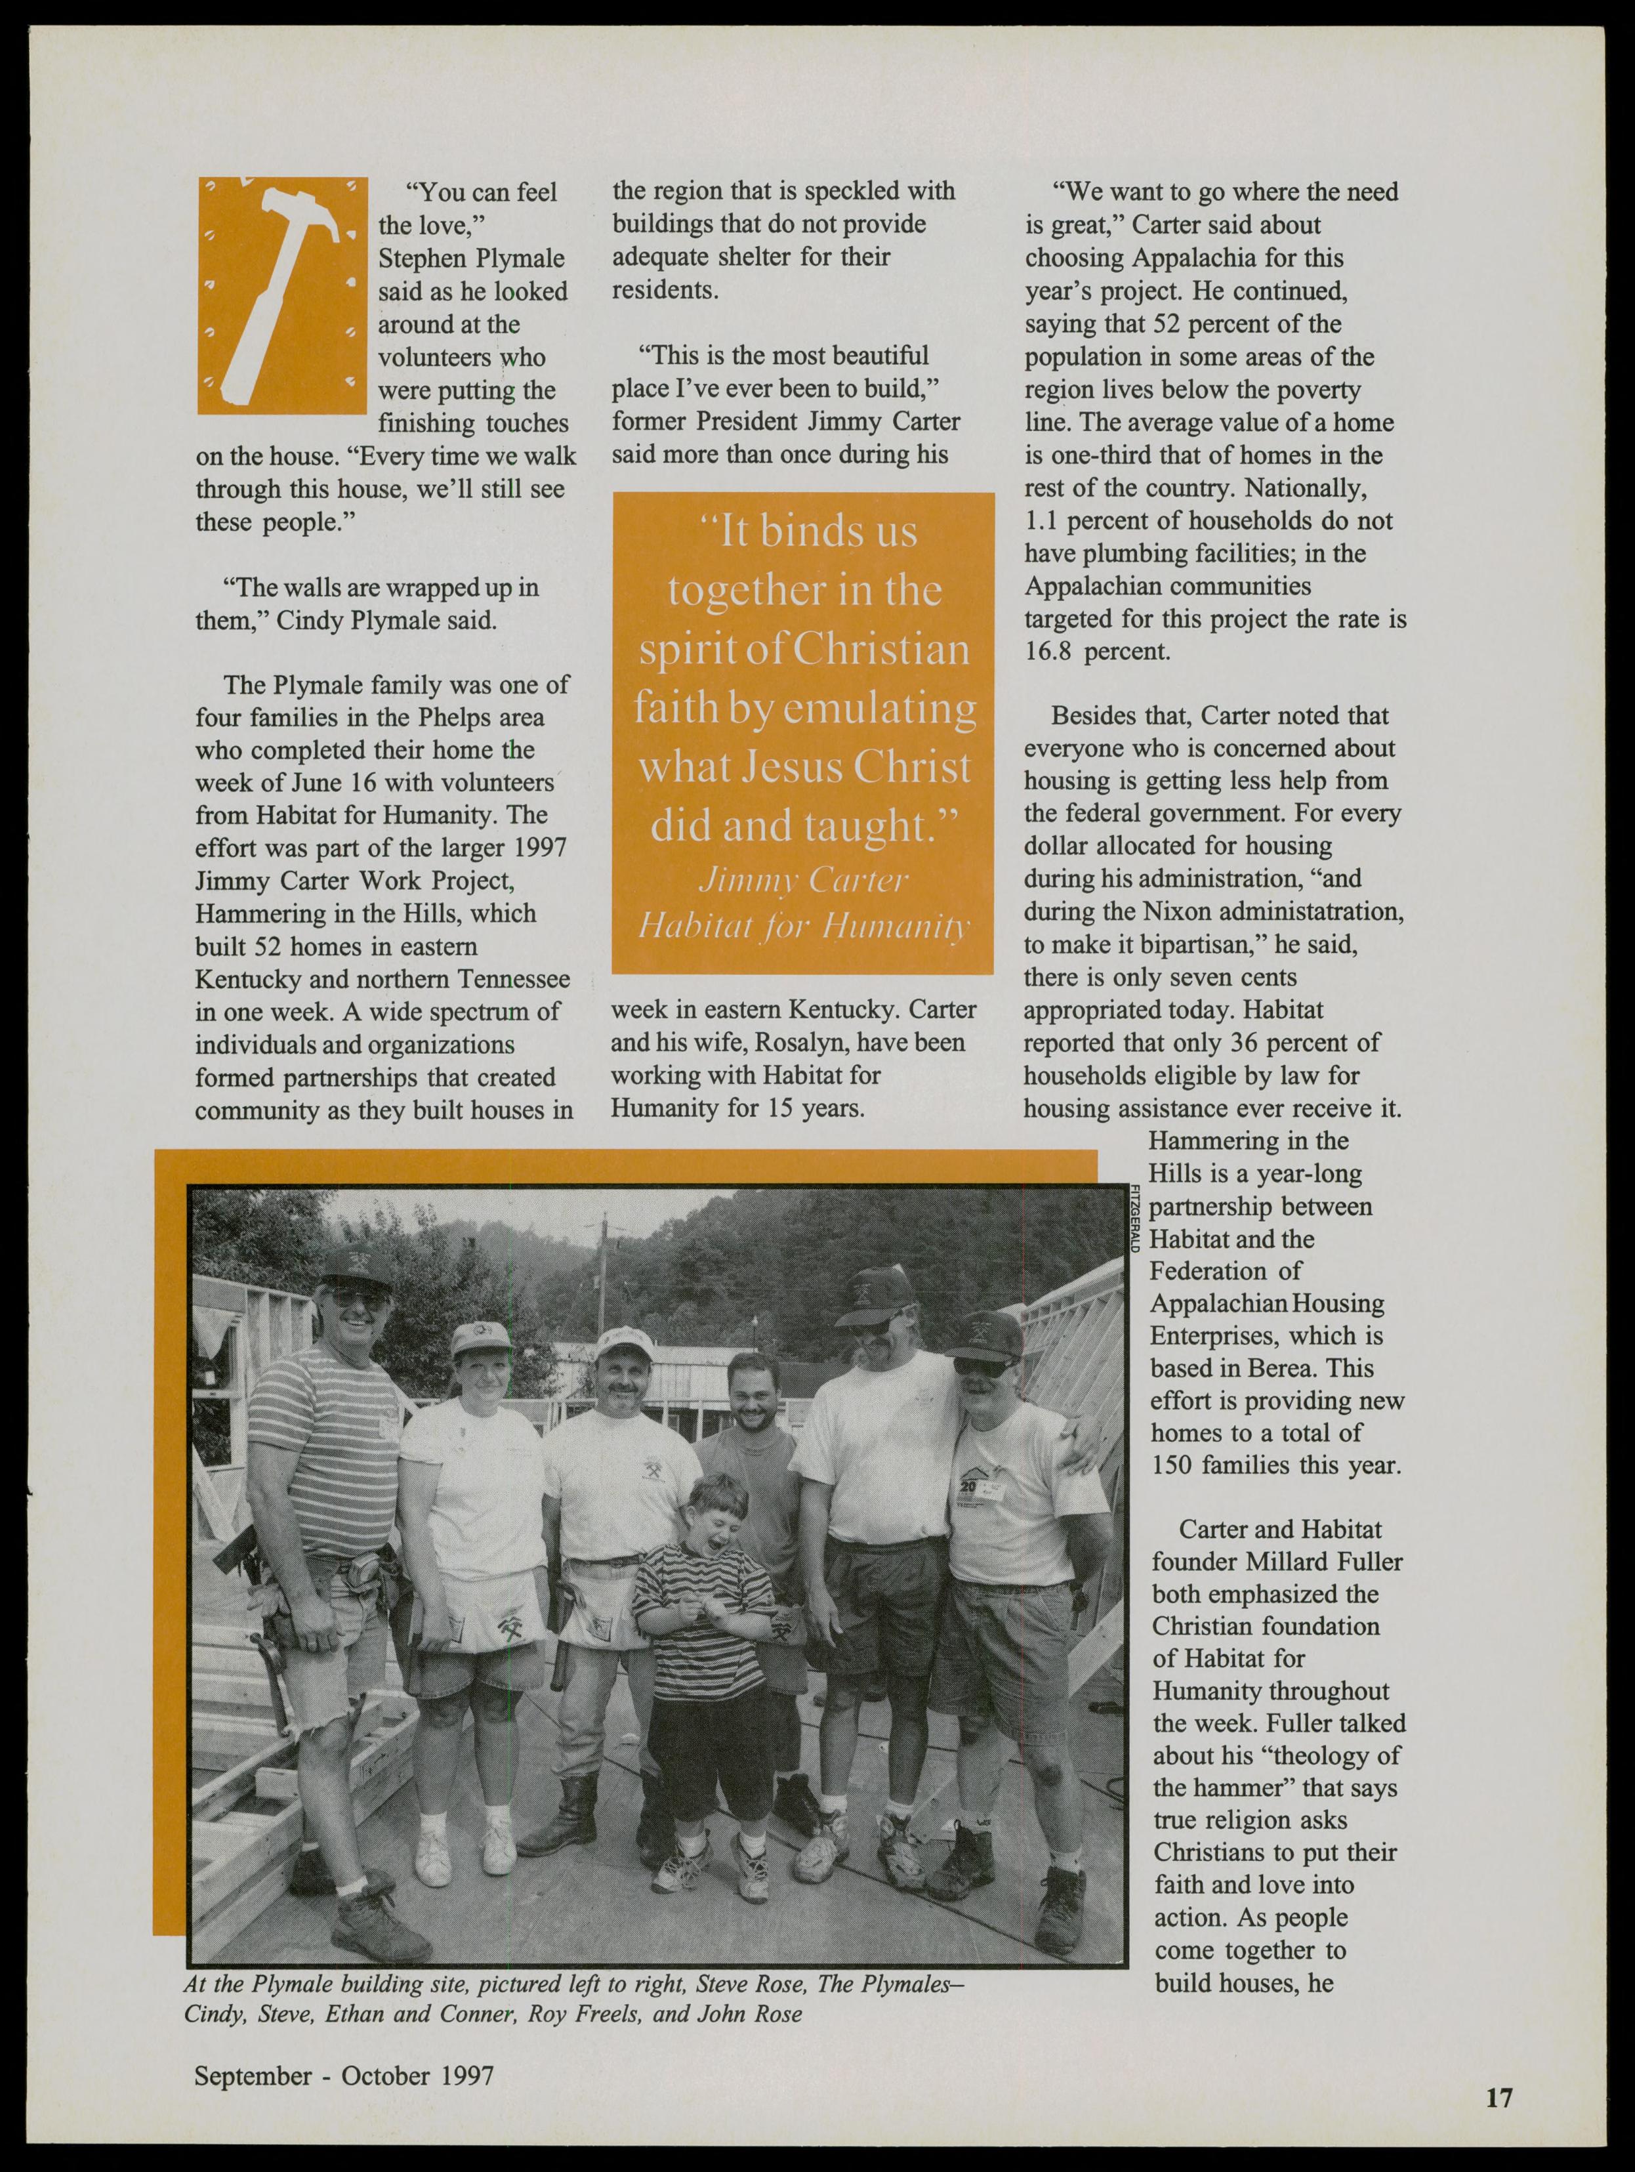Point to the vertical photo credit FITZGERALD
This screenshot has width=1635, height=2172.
pyautogui.click(x=1134, y=1218)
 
